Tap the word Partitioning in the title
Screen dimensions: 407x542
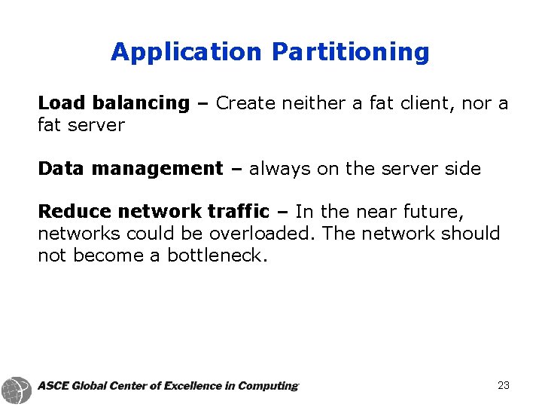coord(351,52)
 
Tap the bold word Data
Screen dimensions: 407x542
coord(60,168)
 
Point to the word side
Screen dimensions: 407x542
coord(461,169)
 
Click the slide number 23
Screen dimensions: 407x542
coord(504,385)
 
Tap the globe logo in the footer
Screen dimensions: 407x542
coord(16,388)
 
